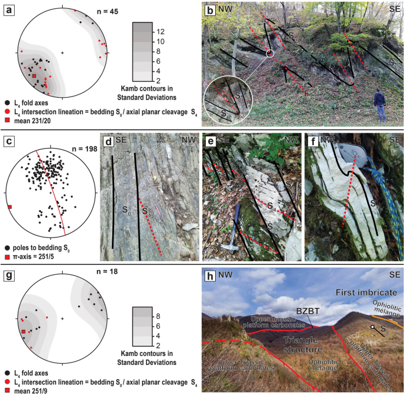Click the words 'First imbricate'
[x=360, y=293]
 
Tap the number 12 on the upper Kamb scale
[x=161, y=31]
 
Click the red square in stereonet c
[x=10, y=207]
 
